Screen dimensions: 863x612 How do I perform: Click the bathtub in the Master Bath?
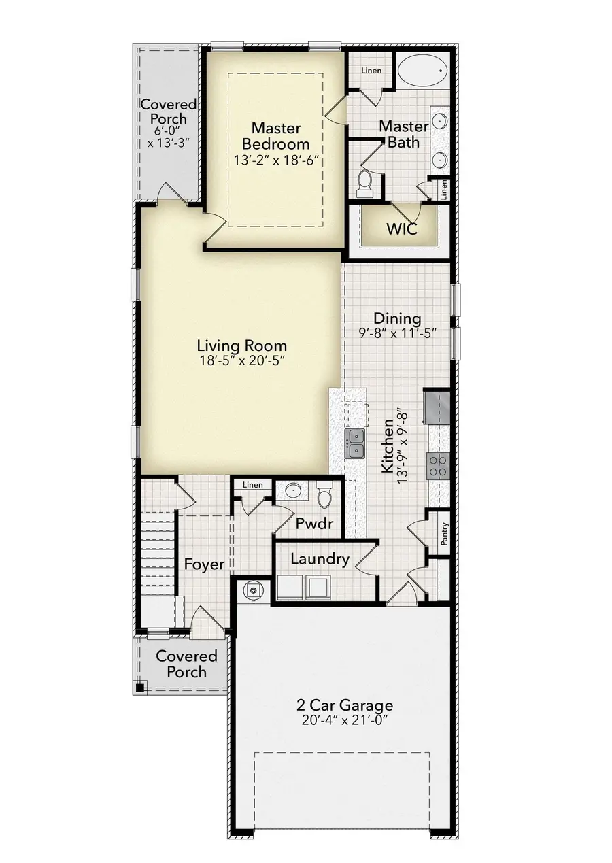tap(422, 69)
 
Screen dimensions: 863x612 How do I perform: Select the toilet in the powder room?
tap(324, 496)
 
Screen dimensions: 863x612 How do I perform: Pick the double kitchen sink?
tap(354, 443)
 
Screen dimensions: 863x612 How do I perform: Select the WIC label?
tap(401, 228)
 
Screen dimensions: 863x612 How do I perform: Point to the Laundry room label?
tap(320, 559)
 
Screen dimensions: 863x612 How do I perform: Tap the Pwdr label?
tap(314, 524)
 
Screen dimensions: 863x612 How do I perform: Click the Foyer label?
tap(204, 564)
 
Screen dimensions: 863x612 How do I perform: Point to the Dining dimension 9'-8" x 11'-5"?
tap(397, 333)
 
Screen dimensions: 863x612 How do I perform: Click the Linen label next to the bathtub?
tap(371, 71)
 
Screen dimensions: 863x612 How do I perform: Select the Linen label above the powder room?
tap(252, 485)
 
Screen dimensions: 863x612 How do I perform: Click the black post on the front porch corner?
tap(139, 688)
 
